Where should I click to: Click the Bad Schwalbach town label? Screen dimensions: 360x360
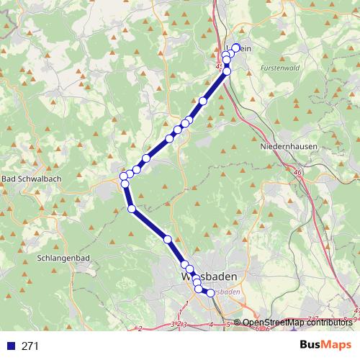point(30,179)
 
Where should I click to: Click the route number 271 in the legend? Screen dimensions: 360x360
point(31,346)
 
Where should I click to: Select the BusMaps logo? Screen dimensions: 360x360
point(326,345)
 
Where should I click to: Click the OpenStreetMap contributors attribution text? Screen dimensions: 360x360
point(297,323)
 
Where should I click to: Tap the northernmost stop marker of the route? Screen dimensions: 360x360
point(235,48)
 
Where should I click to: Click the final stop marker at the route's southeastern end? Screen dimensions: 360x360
point(210,293)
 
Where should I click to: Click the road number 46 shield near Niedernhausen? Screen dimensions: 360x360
point(297,173)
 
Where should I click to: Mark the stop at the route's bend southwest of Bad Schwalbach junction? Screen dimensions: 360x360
point(132,209)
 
